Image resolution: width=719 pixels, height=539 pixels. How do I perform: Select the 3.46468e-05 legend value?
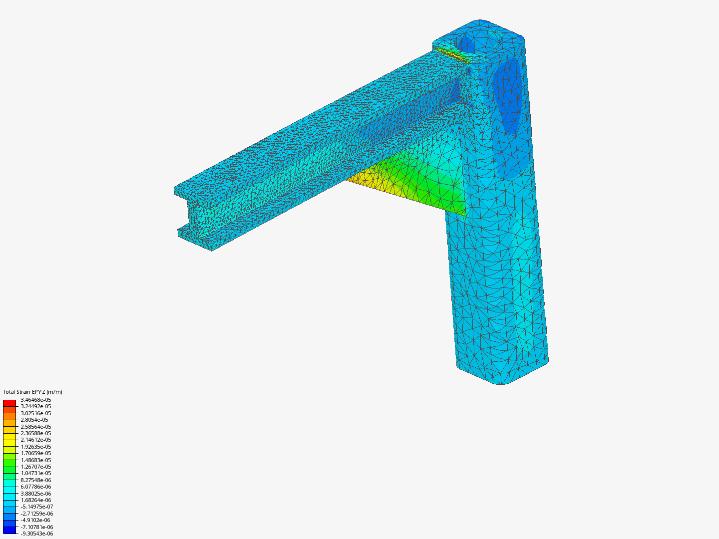[36, 400]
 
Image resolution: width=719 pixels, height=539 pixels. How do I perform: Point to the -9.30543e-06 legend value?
[36, 534]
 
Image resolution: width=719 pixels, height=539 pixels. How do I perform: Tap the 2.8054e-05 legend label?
[34, 420]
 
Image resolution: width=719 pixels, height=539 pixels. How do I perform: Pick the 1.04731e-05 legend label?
[36, 473]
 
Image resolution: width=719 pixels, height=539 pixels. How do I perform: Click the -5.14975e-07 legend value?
[36, 507]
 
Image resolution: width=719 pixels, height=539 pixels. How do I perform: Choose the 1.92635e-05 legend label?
[36, 446]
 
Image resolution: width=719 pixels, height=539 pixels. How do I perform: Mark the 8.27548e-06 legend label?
[36, 480]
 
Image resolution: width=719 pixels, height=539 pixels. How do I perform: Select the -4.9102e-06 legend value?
[35, 520]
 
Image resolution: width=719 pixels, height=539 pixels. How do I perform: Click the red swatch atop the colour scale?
[9, 403]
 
